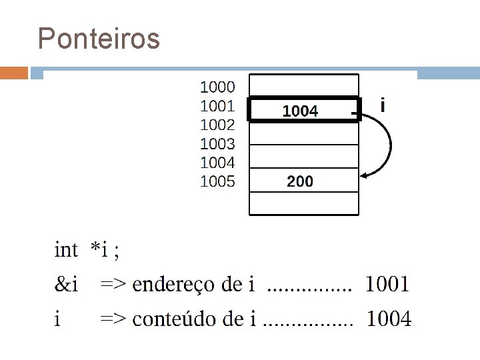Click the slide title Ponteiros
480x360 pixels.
99,39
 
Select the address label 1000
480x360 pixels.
217,87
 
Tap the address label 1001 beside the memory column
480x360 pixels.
217,105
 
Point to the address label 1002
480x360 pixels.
217,125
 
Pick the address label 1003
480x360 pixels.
217,143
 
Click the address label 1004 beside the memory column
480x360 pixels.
217,162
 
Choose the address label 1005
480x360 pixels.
217,181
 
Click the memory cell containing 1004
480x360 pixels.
303,111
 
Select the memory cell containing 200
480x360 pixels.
303,181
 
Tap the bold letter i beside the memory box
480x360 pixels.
383,105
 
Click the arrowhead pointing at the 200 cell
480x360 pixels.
365,175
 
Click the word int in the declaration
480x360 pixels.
66,250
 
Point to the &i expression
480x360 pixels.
66,285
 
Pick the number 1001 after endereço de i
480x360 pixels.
387,285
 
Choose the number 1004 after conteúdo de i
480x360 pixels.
389,319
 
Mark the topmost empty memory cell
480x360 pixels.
303,85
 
